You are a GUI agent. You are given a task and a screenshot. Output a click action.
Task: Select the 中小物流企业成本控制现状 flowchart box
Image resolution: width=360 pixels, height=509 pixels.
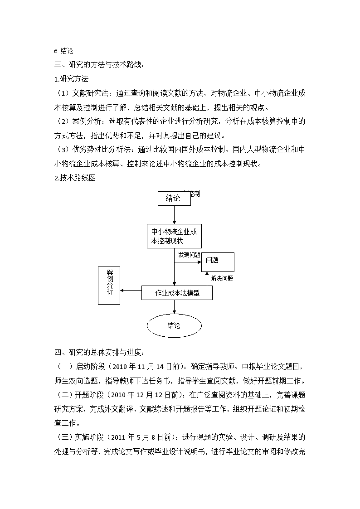pos(174,236)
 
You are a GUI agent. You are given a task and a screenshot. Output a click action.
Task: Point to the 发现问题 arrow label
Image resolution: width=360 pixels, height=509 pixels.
pos(189,255)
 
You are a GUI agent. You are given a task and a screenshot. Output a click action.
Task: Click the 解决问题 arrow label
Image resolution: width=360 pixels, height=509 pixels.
pos(222,278)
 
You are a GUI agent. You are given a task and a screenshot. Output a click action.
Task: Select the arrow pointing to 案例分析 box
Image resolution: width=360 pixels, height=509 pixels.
pos(131,290)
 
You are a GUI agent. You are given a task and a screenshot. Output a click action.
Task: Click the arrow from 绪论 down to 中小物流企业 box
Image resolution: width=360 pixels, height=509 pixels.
pos(174,214)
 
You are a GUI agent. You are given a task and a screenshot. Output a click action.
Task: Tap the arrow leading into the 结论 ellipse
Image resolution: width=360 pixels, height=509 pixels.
pos(174,307)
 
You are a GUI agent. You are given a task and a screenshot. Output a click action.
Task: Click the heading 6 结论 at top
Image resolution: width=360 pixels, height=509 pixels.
pos(63,51)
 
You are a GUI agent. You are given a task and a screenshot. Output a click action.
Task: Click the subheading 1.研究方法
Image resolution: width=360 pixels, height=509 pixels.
pos(72,79)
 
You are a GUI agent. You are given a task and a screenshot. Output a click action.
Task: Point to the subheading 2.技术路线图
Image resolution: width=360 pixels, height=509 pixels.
pos(75,178)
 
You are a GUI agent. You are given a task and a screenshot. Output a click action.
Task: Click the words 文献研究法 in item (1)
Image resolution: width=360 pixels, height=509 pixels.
pos(90,93)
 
